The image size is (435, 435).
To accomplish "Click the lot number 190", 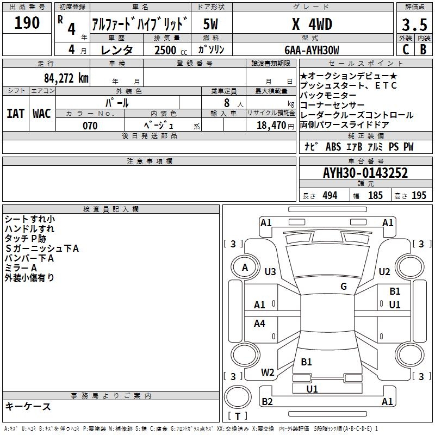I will tap(27, 23).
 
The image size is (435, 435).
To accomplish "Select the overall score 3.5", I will tap(413, 25).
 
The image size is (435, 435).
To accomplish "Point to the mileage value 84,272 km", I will tap(66, 78).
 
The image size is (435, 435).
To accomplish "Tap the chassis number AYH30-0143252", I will tap(365, 173).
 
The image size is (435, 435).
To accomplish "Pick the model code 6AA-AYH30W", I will tap(312, 50).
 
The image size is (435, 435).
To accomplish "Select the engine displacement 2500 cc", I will tap(166, 50).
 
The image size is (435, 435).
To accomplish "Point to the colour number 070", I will tap(90, 126).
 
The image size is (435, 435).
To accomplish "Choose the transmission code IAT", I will tap(15, 113).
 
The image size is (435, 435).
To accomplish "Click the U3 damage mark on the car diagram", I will tap(270, 271).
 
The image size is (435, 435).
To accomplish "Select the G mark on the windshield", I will tap(344, 287).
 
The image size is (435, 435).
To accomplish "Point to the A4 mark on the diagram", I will tap(260, 324).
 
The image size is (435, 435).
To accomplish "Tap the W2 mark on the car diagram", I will tap(268, 372).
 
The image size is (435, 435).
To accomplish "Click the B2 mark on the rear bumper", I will tap(267, 402).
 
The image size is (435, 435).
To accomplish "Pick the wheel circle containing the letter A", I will tap(245, 268).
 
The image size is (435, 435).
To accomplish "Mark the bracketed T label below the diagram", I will tap(238, 416).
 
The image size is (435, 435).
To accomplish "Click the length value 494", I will tap(329, 196).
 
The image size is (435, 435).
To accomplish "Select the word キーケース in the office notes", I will tap(28, 407).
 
